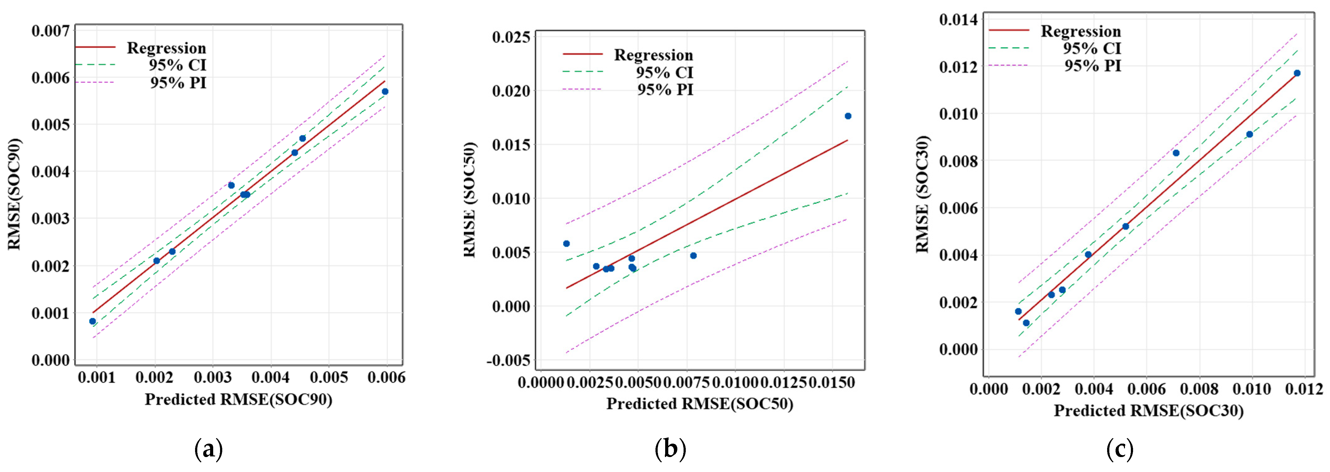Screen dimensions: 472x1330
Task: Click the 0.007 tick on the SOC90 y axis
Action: [50, 31]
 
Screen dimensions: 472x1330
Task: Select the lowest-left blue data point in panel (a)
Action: [92, 321]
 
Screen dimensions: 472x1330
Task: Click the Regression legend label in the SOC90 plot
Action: [166, 48]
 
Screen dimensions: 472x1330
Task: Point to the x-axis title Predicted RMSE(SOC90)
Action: [238, 399]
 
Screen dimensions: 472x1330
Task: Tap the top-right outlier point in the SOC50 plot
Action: [848, 116]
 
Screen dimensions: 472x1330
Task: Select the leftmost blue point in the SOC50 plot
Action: [567, 243]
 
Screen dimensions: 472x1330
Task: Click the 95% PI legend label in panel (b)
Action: [665, 90]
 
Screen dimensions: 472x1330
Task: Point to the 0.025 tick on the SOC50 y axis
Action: [511, 37]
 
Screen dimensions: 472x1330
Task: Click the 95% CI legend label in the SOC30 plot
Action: [1092, 49]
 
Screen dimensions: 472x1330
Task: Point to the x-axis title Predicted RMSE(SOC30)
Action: [1148, 411]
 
